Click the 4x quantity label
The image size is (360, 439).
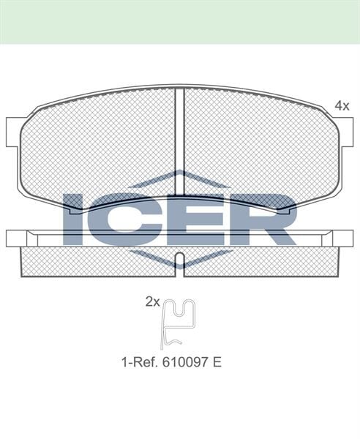click(342, 106)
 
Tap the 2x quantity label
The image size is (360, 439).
click(152, 301)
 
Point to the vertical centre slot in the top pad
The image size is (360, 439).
click(180, 139)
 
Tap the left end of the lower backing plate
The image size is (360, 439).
click(13, 239)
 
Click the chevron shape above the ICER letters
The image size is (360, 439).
click(180, 178)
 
